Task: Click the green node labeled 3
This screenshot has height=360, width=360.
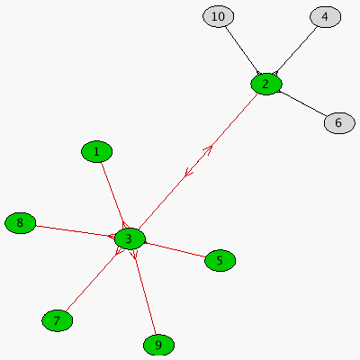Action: pos(130,238)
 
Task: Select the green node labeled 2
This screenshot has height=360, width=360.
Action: pos(266,85)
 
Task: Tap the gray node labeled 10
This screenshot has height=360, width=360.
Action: pos(218,16)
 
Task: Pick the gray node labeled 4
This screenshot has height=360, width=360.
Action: pos(325,17)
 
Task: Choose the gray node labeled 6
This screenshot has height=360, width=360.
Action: pos(339,122)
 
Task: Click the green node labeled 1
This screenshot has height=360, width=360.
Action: pos(96,151)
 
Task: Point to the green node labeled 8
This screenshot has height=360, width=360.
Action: pos(20,223)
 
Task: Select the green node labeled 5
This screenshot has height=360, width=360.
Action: pos(220,260)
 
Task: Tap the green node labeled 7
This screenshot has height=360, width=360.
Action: pos(57,320)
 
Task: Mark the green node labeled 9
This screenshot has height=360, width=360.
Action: pos(158,345)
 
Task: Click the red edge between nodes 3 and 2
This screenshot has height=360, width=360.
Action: pos(198,161)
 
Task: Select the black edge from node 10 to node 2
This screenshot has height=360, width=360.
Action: pos(242,50)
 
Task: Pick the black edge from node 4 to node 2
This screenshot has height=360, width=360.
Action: pos(295,50)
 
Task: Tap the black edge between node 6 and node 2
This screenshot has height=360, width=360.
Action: pos(302,103)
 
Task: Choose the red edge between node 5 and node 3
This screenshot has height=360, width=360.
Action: pos(175,250)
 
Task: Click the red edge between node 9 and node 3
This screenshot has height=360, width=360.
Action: pos(145,292)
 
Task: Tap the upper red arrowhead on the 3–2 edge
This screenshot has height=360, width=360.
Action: pos(208,149)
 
